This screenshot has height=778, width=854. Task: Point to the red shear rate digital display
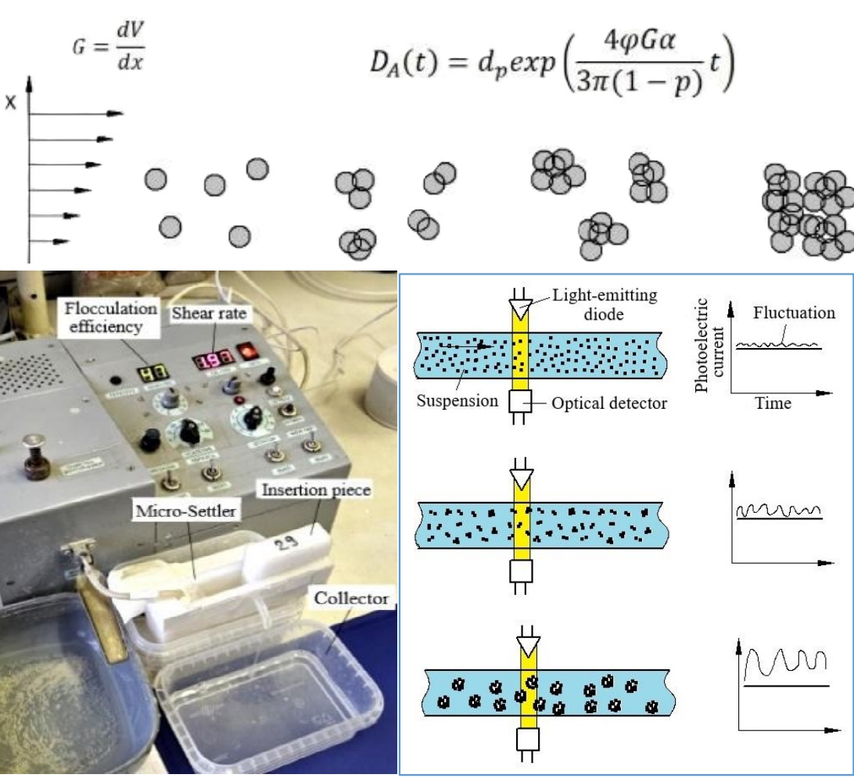[211, 360]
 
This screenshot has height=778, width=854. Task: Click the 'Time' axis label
[772, 403]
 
